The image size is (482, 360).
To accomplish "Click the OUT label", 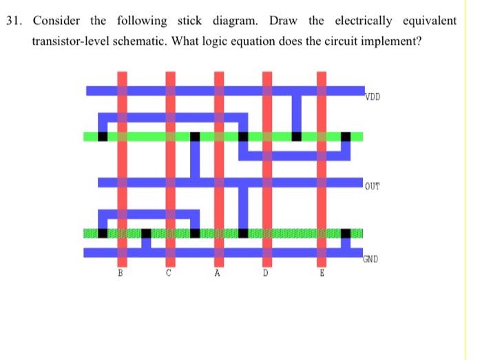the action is click(x=373, y=186).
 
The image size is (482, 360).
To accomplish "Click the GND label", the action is click(x=373, y=260).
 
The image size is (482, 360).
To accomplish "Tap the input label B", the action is click(x=121, y=273).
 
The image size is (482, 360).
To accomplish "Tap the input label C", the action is click(x=169, y=273).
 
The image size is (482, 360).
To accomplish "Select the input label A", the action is click(x=218, y=273).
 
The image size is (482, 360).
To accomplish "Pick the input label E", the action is click(x=321, y=273).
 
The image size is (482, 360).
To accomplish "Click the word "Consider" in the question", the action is click(x=56, y=20).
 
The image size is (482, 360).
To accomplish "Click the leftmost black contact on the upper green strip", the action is click(x=103, y=136).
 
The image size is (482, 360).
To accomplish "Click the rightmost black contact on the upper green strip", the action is click(x=346, y=136).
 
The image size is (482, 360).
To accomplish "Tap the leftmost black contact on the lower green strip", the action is click(x=103, y=233).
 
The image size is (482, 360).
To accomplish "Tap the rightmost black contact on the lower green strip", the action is click(x=346, y=233).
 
